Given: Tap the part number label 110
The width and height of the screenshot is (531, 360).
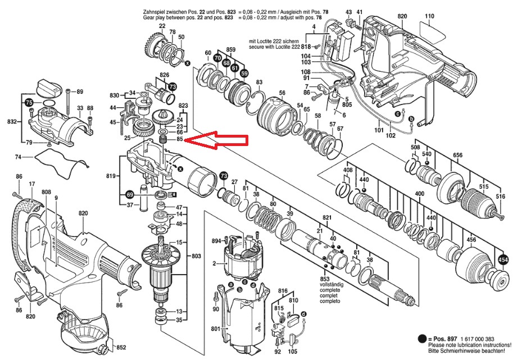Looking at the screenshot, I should coord(429,16).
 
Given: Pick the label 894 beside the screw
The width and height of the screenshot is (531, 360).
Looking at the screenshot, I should coord(216,241).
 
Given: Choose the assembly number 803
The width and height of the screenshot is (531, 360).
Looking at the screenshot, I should coord(196,256).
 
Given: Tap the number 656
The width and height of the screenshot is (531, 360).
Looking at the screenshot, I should coord(457,155).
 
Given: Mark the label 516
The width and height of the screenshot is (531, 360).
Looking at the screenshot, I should coord(500,197).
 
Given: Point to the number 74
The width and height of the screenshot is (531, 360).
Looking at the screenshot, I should coord(33,157).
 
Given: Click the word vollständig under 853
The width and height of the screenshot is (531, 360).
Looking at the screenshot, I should coord(329,286).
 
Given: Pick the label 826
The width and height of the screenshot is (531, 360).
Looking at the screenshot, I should coord(165,75).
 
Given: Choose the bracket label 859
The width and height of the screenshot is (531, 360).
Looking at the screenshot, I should coord(230,50).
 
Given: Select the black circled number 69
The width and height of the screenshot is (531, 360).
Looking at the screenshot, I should coord(130,195).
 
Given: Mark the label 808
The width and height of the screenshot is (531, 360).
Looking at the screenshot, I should coord(46,192).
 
